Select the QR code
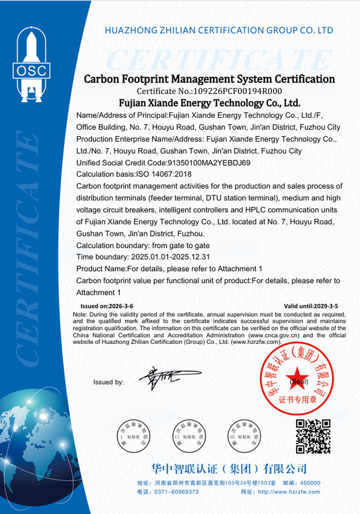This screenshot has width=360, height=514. pyautogui.click(x=313, y=436)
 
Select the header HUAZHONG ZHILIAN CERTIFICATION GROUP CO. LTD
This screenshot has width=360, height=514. pyautogui.click(x=219, y=30)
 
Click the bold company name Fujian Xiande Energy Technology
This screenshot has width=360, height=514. pyautogui.click(x=209, y=103)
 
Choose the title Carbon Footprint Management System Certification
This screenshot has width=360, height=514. pyautogui.click(x=209, y=79)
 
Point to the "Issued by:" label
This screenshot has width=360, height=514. pyautogui.click(x=109, y=382)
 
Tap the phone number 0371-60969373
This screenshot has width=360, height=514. pyautogui.click(x=178, y=492)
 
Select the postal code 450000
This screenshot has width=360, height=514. pyautogui.click(x=309, y=483)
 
